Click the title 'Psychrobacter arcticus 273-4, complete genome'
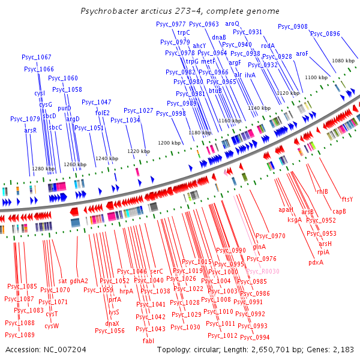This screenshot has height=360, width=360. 180,11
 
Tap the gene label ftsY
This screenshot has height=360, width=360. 347,199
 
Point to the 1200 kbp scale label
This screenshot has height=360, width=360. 169,143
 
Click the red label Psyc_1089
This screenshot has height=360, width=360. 20,335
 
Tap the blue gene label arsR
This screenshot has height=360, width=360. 31,130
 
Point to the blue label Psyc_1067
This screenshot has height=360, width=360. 37,58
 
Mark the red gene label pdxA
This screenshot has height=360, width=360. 316,262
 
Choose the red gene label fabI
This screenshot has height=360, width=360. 148,341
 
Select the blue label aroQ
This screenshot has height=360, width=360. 232,23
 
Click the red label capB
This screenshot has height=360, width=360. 340,211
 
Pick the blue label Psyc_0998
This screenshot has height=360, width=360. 171,113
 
